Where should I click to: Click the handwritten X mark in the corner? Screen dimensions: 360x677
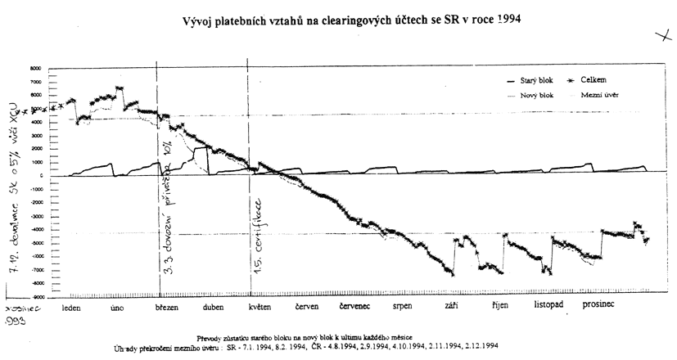661,35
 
